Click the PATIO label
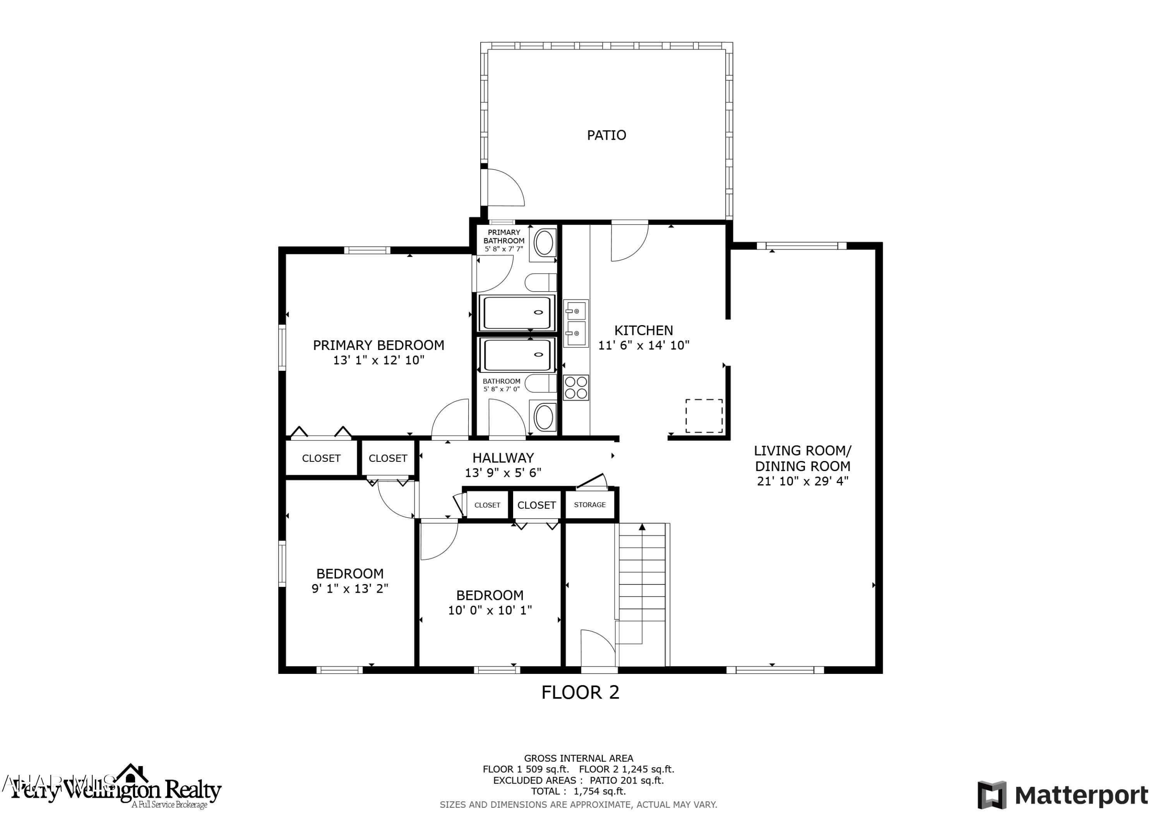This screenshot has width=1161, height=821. coord(606,135)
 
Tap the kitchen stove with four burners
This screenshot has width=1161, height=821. coord(576,387)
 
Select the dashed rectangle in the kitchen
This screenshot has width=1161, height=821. coord(704,416)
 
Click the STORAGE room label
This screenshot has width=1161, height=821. coord(590,505)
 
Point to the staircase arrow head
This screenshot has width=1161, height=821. coord(642,527)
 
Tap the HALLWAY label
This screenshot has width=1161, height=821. coord(503,458)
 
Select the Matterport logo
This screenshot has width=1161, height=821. coord(1062,795)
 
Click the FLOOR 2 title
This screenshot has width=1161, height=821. coord(580,692)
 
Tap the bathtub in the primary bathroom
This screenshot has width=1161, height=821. coord(517,313)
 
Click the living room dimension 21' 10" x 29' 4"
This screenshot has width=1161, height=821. coord(803,481)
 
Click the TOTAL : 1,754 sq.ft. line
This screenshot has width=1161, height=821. coord(578,791)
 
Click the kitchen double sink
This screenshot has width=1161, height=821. coord(576,323)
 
